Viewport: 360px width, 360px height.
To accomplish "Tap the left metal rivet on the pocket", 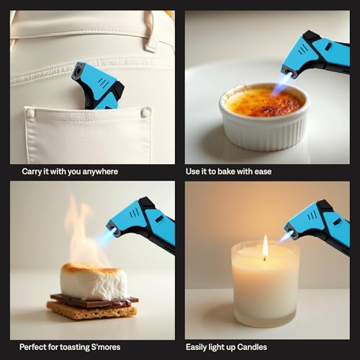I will click(30, 113).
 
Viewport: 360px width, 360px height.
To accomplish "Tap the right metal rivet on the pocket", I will click(146, 112).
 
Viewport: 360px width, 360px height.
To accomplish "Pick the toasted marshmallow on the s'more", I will click(94, 280).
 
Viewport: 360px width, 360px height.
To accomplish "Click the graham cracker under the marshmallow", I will click(90, 310).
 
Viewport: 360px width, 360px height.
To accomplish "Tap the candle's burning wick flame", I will click(265, 247).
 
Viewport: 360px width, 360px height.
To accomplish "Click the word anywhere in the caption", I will click(101, 171).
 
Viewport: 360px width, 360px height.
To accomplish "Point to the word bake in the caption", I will click(240, 171).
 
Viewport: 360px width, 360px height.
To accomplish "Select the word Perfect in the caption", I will click(35, 347).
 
